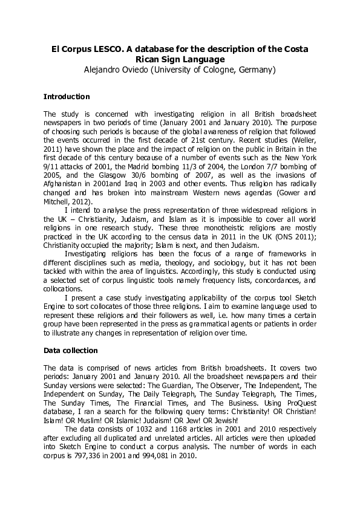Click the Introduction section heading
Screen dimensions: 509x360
coord(67,97)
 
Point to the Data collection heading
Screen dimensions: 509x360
coord(71,351)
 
